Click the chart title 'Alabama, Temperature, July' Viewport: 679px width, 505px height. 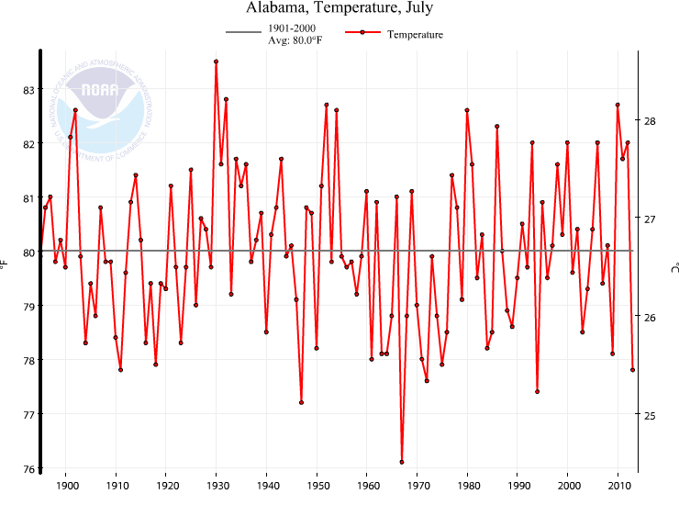click(339, 8)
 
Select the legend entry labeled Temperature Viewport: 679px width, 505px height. click(415, 35)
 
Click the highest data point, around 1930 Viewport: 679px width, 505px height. click(217, 62)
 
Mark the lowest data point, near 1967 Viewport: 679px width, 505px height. click(402, 462)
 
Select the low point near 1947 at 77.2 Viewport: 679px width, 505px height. click(302, 402)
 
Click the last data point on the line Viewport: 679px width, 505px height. click(633, 370)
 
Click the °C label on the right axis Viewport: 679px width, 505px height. click(673, 265)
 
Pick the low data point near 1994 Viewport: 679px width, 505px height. click(538, 391)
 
